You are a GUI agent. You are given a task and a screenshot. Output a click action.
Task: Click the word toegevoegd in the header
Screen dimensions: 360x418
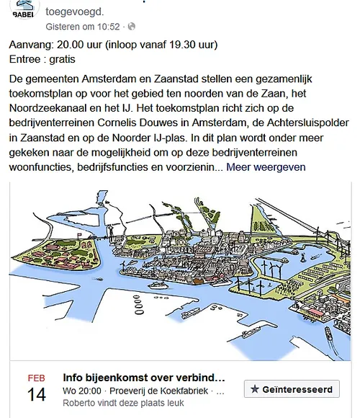(74, 12)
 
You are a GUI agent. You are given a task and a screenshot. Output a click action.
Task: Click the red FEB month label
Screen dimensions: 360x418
(37, 378)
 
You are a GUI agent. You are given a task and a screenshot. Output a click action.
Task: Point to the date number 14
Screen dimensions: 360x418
(37, 394)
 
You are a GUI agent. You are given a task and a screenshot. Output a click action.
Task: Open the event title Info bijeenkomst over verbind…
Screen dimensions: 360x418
(144, 377)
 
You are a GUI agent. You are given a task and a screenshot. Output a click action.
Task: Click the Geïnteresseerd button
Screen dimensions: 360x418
(291, 389)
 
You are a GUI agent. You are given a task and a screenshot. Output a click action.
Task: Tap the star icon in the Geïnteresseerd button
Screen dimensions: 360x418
(254, 389)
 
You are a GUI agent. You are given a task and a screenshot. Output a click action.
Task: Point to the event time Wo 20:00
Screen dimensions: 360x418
(80, 391)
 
